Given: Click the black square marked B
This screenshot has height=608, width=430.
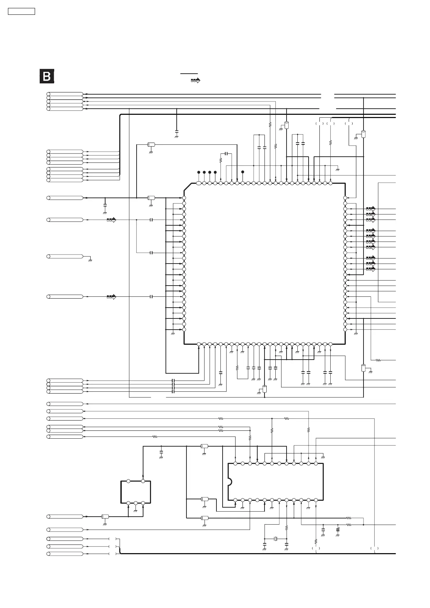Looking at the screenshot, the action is pyautogui.click(x=47, y=76).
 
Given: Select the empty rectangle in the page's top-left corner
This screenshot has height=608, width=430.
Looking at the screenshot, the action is pyautogui.click(x=21, y=12).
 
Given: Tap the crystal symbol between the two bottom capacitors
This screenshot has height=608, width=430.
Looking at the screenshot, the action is pyautogui.click(x=275, y=539).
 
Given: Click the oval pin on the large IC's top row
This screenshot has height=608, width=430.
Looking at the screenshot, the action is pyautogui.click(x=199, y=183).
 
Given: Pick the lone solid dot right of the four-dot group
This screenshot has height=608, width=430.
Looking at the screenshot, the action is pyautogui.click(x=242, y=172).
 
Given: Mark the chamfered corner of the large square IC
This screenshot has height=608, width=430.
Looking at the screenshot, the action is pyautogui.click(x=188, y=187).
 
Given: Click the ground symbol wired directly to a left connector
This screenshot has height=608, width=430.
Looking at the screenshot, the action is pyautogui.click(x=90, y=260).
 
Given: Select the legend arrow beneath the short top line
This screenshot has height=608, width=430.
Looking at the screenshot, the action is pyautogui.click(x=195, y=81).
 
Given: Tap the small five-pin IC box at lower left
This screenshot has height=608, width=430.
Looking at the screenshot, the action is pyautogui.click(x=136, y=492).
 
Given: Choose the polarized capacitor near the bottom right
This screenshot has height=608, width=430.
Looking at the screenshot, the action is pyautogui.click(x=337, y=530).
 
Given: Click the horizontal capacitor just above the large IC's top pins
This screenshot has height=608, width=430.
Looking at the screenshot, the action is pyautogui.click(x=226, y=154).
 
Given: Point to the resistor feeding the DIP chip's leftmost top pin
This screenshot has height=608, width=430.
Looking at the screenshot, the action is pyautogui.click(x=155, y=437).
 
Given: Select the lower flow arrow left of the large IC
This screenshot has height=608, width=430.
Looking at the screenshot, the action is pyautogui.click(x=111, y=297).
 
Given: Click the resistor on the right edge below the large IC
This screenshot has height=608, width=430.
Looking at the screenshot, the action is pyautogui.click(x=378, y=360).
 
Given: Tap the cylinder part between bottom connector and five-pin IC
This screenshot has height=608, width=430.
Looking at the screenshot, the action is pyautogui.click(x=105, y=517).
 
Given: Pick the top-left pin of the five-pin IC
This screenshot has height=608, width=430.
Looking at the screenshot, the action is pyautogui.click(x=129, y=481).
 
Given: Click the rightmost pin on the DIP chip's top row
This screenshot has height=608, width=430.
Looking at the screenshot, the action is pyautogui.click(x=316, y=463).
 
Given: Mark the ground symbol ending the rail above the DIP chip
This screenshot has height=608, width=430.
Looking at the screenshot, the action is pyautogui.click(x=323, y=457).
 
